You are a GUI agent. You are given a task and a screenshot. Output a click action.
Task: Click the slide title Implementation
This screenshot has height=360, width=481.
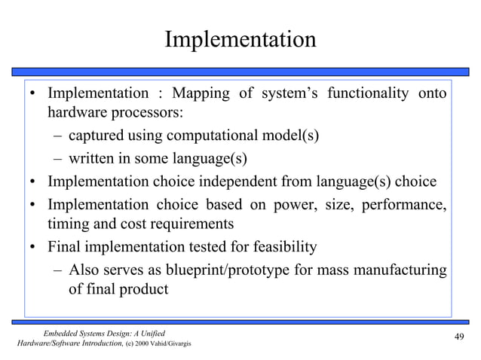click(x=240, y=39)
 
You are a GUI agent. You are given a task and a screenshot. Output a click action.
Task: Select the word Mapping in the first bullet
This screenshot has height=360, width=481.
click(x=201, y=94)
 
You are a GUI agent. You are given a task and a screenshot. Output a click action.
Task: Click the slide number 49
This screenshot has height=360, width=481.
click(x=458, y=336)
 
